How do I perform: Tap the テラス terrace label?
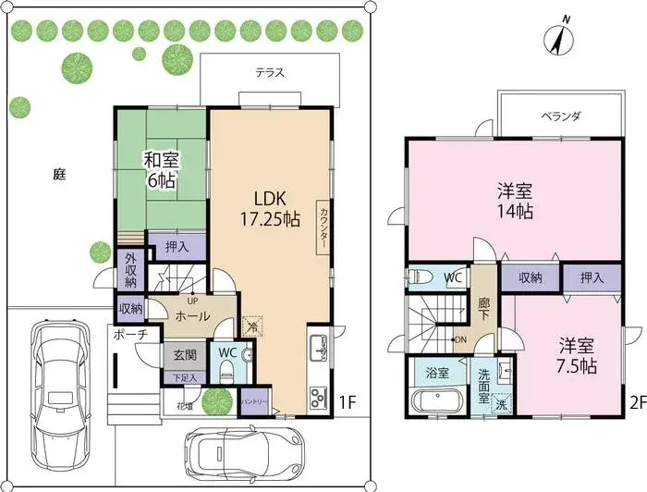269,72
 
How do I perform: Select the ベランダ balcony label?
560,117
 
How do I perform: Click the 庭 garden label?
59,173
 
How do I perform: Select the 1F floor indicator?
347,402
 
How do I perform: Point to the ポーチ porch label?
130,336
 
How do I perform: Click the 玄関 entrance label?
184,355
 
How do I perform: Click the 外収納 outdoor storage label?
130,269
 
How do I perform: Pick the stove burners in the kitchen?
317,399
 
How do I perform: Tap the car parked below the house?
227,454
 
